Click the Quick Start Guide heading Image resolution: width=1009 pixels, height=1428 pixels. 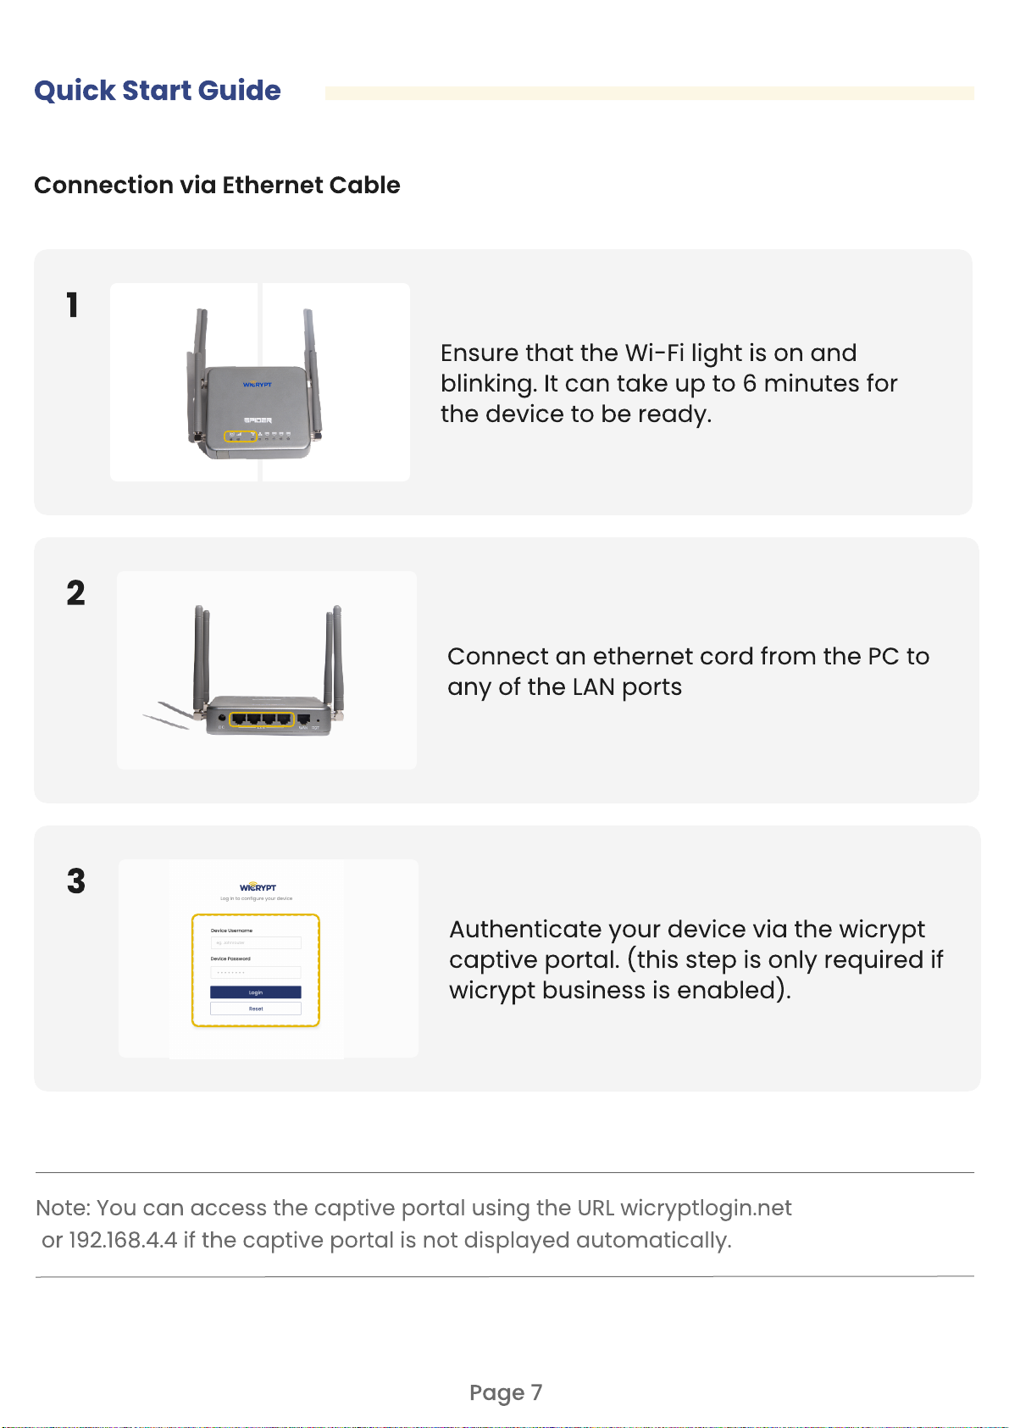click(x=158, y=91)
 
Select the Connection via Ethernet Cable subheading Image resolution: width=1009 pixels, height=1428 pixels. click(x=217, y=185)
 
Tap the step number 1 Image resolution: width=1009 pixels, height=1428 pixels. click(x=73, y=305)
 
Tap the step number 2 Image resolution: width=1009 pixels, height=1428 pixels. click(x=75, y=593)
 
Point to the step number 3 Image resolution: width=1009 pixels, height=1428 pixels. click(x=76, y=881)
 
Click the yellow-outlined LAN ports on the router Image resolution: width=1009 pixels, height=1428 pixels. click(x=262, y=720)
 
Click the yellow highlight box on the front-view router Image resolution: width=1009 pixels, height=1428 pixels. click(x=240, y=436)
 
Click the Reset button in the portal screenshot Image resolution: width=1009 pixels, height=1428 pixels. click(x=256, y=1008)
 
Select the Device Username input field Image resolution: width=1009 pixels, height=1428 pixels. click(x=256, y=942)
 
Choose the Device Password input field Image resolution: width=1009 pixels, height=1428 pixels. click(x=256, y=972)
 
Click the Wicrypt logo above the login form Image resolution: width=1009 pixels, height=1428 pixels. click(x=258, y=887)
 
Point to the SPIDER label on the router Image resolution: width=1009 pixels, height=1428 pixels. click(x=258, y=420)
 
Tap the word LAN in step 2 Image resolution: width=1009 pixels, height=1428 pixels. click(x=593, y=687)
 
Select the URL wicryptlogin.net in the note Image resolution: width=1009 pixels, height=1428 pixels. click(x=706, y=1208)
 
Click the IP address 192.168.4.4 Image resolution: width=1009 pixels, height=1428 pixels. click(x=123, y=1241)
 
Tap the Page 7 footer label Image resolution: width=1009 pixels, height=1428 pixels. click(x=506, y=1392)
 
